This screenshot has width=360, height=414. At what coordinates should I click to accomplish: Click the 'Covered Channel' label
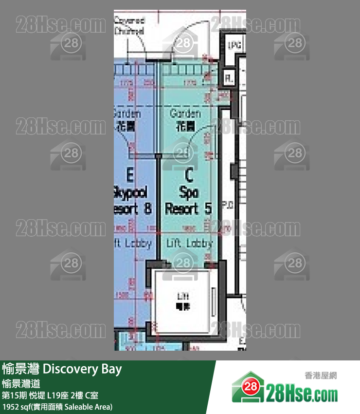(x=129, y=25)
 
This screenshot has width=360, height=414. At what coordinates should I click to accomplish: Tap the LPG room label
(x=234, y=45)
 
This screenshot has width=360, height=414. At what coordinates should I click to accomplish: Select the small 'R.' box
(x=228, y=77)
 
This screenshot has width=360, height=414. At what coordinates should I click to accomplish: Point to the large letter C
(x=189, y=174)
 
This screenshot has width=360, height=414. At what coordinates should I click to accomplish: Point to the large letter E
(x=130, y=174)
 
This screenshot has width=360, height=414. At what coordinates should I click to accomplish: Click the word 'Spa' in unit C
(x=188, y=192)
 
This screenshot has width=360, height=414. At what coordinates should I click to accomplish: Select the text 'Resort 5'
(x=188, y=209)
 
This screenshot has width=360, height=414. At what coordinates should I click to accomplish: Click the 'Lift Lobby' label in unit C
(x=189, y=243)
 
